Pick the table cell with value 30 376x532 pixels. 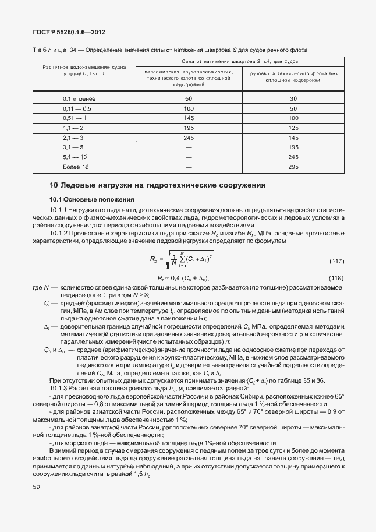pyautogui.click(x=293, y=98)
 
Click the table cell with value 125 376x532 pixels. pyautogui.click(x=293, y=128)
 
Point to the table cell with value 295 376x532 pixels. pyautogui.click(x=293, y=167)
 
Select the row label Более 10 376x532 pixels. pyautogui.click(x=76, y=167)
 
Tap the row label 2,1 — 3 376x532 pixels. pyautogui.click(x=73, y=138)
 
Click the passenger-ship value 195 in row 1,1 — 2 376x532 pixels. pyautogui.click(x=189, y=128)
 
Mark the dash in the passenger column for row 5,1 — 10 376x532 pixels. pyautogui.click(x=189, y=157)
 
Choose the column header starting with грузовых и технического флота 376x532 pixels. pyautogui.click(x=293, y=76)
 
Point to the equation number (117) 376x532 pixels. pyautogui.click(x=336, y=244)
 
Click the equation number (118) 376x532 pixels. pyautogui.click(x=336, y=262)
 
